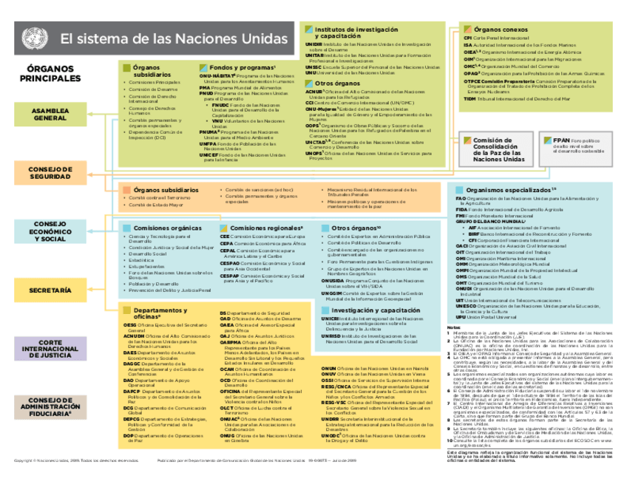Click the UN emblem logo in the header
pyautogui.click(x=33, y=37)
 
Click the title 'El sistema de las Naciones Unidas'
pyautogui.click(x=174, y=38)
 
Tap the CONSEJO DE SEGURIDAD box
pyautogui.click(x=50, y=173)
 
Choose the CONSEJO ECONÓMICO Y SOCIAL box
pyautogui.click(x=50, y=231)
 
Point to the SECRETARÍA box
pyautogui.click(x=50, y=290)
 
